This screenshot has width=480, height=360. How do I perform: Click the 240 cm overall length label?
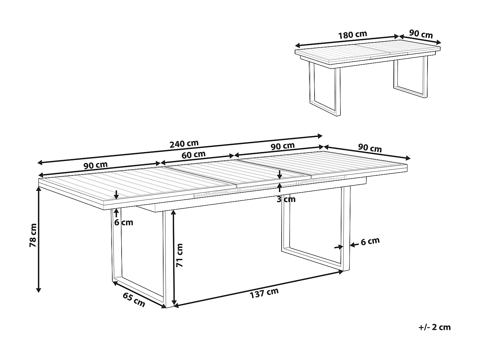click(184, 144)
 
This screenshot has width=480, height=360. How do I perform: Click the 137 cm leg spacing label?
click(264, 293)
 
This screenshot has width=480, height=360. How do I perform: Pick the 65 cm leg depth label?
click(134, 300)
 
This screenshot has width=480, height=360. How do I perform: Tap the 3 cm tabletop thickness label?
click(286, 199)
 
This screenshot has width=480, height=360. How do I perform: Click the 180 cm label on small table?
click(353, 35)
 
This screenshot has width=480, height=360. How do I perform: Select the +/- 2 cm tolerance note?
click(434, 327)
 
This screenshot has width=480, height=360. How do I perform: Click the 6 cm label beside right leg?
click(370, 241)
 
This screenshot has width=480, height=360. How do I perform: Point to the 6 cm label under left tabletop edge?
click(124, 222)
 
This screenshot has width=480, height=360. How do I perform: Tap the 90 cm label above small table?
click(421, 34)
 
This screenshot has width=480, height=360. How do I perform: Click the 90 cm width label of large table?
click(370, 148)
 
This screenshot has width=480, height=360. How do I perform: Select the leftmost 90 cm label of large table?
click(96, 165)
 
